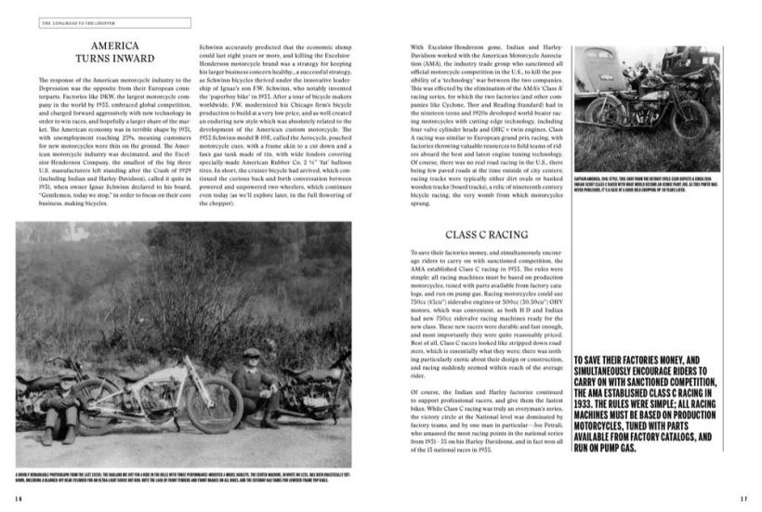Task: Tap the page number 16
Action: (19, 498)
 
